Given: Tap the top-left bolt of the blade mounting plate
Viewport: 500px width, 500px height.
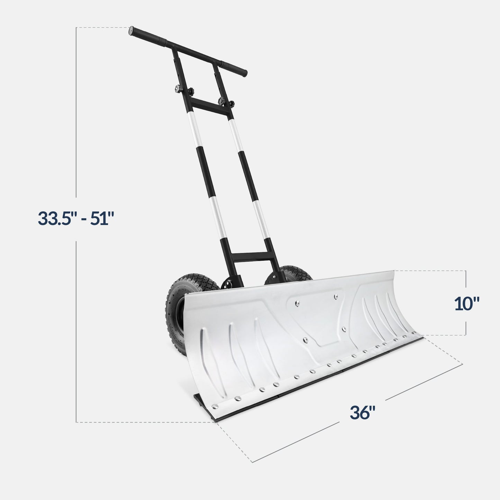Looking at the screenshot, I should [x=296, y=303].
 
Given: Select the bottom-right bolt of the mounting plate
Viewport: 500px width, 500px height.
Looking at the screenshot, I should [x=343, y=329].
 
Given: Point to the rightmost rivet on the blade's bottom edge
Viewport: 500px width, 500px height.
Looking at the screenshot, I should [x=413, y=333].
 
